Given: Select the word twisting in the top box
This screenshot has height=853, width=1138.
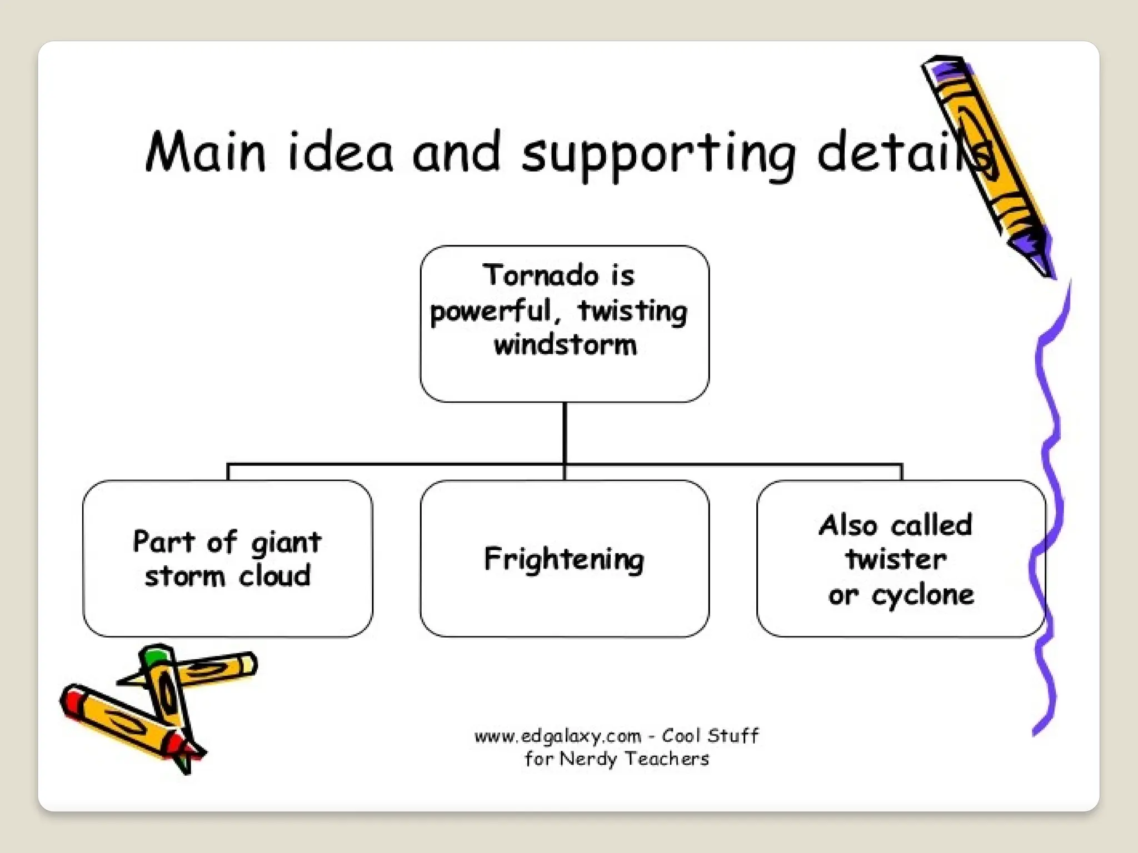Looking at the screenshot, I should point(632,311).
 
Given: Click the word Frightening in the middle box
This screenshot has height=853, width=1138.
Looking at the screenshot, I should point(564,559).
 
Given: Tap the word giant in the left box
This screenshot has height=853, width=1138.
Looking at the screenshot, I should point(286,543).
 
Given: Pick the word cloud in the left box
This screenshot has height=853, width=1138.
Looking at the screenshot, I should point(274,576).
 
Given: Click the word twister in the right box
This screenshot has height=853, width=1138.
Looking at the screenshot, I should point(896,559).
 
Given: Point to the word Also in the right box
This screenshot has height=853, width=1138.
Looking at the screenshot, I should point(848,525).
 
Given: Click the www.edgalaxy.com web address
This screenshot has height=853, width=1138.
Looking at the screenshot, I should point(557,736).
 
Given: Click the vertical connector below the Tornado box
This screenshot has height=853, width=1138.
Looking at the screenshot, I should point(565,433).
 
